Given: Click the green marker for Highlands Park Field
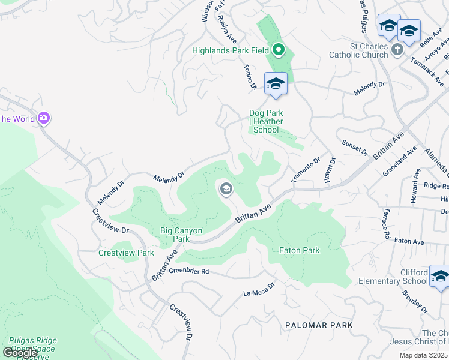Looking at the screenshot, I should tap(278, 50).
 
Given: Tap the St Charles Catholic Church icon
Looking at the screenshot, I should tap(397, 50).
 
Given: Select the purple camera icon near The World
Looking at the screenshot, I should tap(43, 118).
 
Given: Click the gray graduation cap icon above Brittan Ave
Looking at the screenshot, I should tap(226, 190).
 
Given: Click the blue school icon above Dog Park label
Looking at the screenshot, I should tap(276, 83).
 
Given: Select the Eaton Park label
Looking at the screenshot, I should tap(300, 250).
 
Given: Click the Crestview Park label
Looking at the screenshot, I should tap(126, 253).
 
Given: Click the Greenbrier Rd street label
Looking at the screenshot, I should tap(188, 272).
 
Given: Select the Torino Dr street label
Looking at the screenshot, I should tap(250, 79).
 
